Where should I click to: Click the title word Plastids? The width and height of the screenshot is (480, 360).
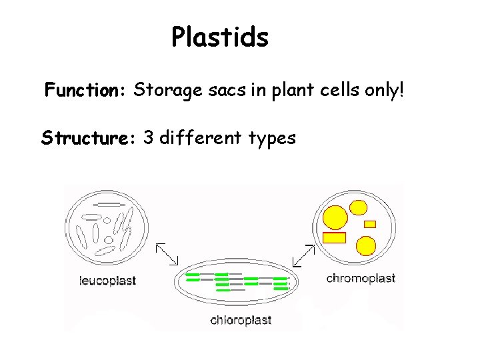coord(220,38)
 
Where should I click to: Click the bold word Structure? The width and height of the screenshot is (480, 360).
coord(89,138)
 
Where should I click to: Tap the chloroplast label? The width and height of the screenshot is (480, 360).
coord(241,320)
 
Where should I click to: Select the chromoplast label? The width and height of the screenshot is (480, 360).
coord(361,278)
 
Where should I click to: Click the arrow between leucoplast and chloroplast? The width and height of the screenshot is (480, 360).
coord(167,254)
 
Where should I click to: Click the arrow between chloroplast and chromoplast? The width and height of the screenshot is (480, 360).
coord(304,255)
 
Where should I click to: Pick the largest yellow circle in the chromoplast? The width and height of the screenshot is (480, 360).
coord(335,217)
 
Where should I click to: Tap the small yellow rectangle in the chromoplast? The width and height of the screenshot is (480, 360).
coord(370,224)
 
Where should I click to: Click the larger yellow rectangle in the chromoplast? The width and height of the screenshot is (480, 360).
coord(334,237)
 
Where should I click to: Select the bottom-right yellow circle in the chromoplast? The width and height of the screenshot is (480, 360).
coord(366,246)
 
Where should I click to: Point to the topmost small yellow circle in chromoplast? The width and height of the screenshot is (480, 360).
coord(359,207)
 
